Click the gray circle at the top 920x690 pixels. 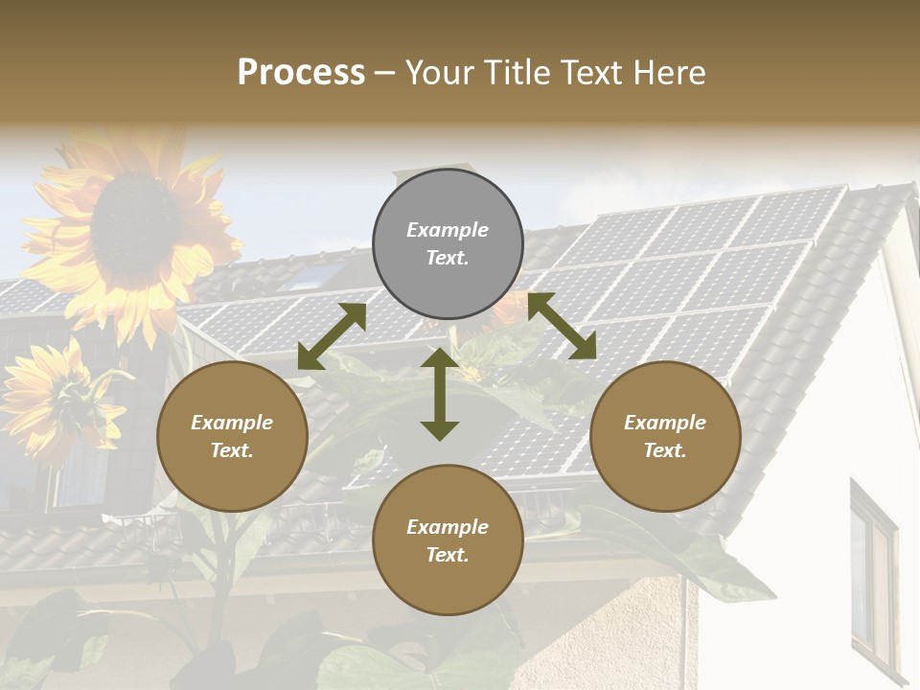pos(448,243)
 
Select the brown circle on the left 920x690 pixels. pos(232,436)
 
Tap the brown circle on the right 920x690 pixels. pos(665,436)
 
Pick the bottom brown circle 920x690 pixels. pos(448,540)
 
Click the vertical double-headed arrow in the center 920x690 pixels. pos(440,394)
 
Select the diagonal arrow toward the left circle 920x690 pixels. pos(332,336)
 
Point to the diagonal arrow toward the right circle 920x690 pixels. pos(562,326)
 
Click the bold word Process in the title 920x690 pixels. pos(301,72)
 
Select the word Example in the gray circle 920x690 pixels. pos(448,230)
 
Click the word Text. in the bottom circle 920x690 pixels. pos(448,555)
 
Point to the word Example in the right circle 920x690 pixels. pos(665,423)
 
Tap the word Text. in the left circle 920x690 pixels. pos(232,450)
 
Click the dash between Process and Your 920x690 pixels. pos(385,74)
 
